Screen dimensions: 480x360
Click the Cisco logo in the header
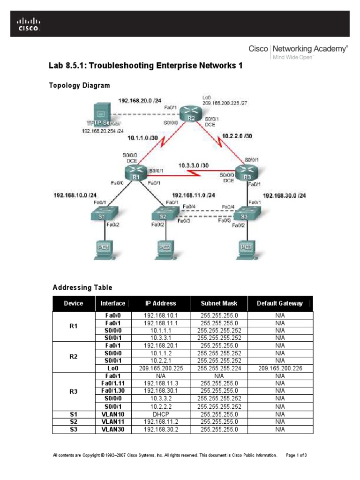pyautogui.click(x=29, y=24)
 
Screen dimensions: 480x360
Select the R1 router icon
pyautogui.click(x=135, y=174)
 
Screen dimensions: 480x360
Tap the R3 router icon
pyautogui.click(x=246, y=175)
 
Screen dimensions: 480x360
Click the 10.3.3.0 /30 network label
pyautogui.click(x=193, y=165)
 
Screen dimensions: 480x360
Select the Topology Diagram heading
pyautogui.click(x=80, y=85)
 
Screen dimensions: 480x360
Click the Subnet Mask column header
pyautogui.click(x=219, y=303)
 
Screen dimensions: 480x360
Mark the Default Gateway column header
pyautogui.click(x=280, y=303)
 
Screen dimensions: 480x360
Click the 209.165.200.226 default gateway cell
pyautogui.click(x=280, y=368)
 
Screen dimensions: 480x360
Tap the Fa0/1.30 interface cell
pyautogui.click(x=113, y=390)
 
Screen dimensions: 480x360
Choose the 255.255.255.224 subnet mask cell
pyautogui.click(x=219, y=368)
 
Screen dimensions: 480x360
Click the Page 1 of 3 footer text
pyautogui.click(x=296, y=455)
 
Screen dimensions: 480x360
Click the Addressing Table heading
pyautogui.click(x=82, y=287)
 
